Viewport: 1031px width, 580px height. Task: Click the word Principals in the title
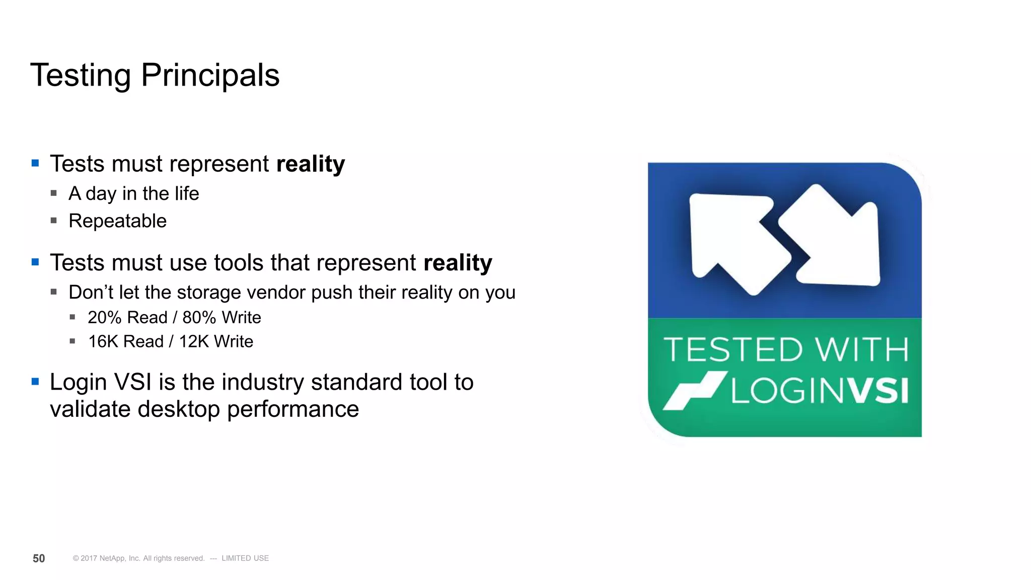pos(210,76)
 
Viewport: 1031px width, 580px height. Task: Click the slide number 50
pos(39,558)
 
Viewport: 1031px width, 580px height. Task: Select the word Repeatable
pos(117,221)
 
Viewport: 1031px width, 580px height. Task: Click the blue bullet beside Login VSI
pos(35,382)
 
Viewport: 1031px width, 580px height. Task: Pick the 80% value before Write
pos(199,318)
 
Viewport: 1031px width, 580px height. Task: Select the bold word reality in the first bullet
pos(311,164)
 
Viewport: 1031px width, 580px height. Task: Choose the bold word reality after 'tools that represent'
pos(458,263)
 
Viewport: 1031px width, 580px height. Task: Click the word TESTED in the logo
pos(733,350)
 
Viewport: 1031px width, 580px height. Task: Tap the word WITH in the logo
pos(862,350)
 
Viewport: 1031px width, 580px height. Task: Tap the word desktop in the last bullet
pos(179,409)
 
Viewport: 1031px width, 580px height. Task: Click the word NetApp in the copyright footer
pos(113,558)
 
